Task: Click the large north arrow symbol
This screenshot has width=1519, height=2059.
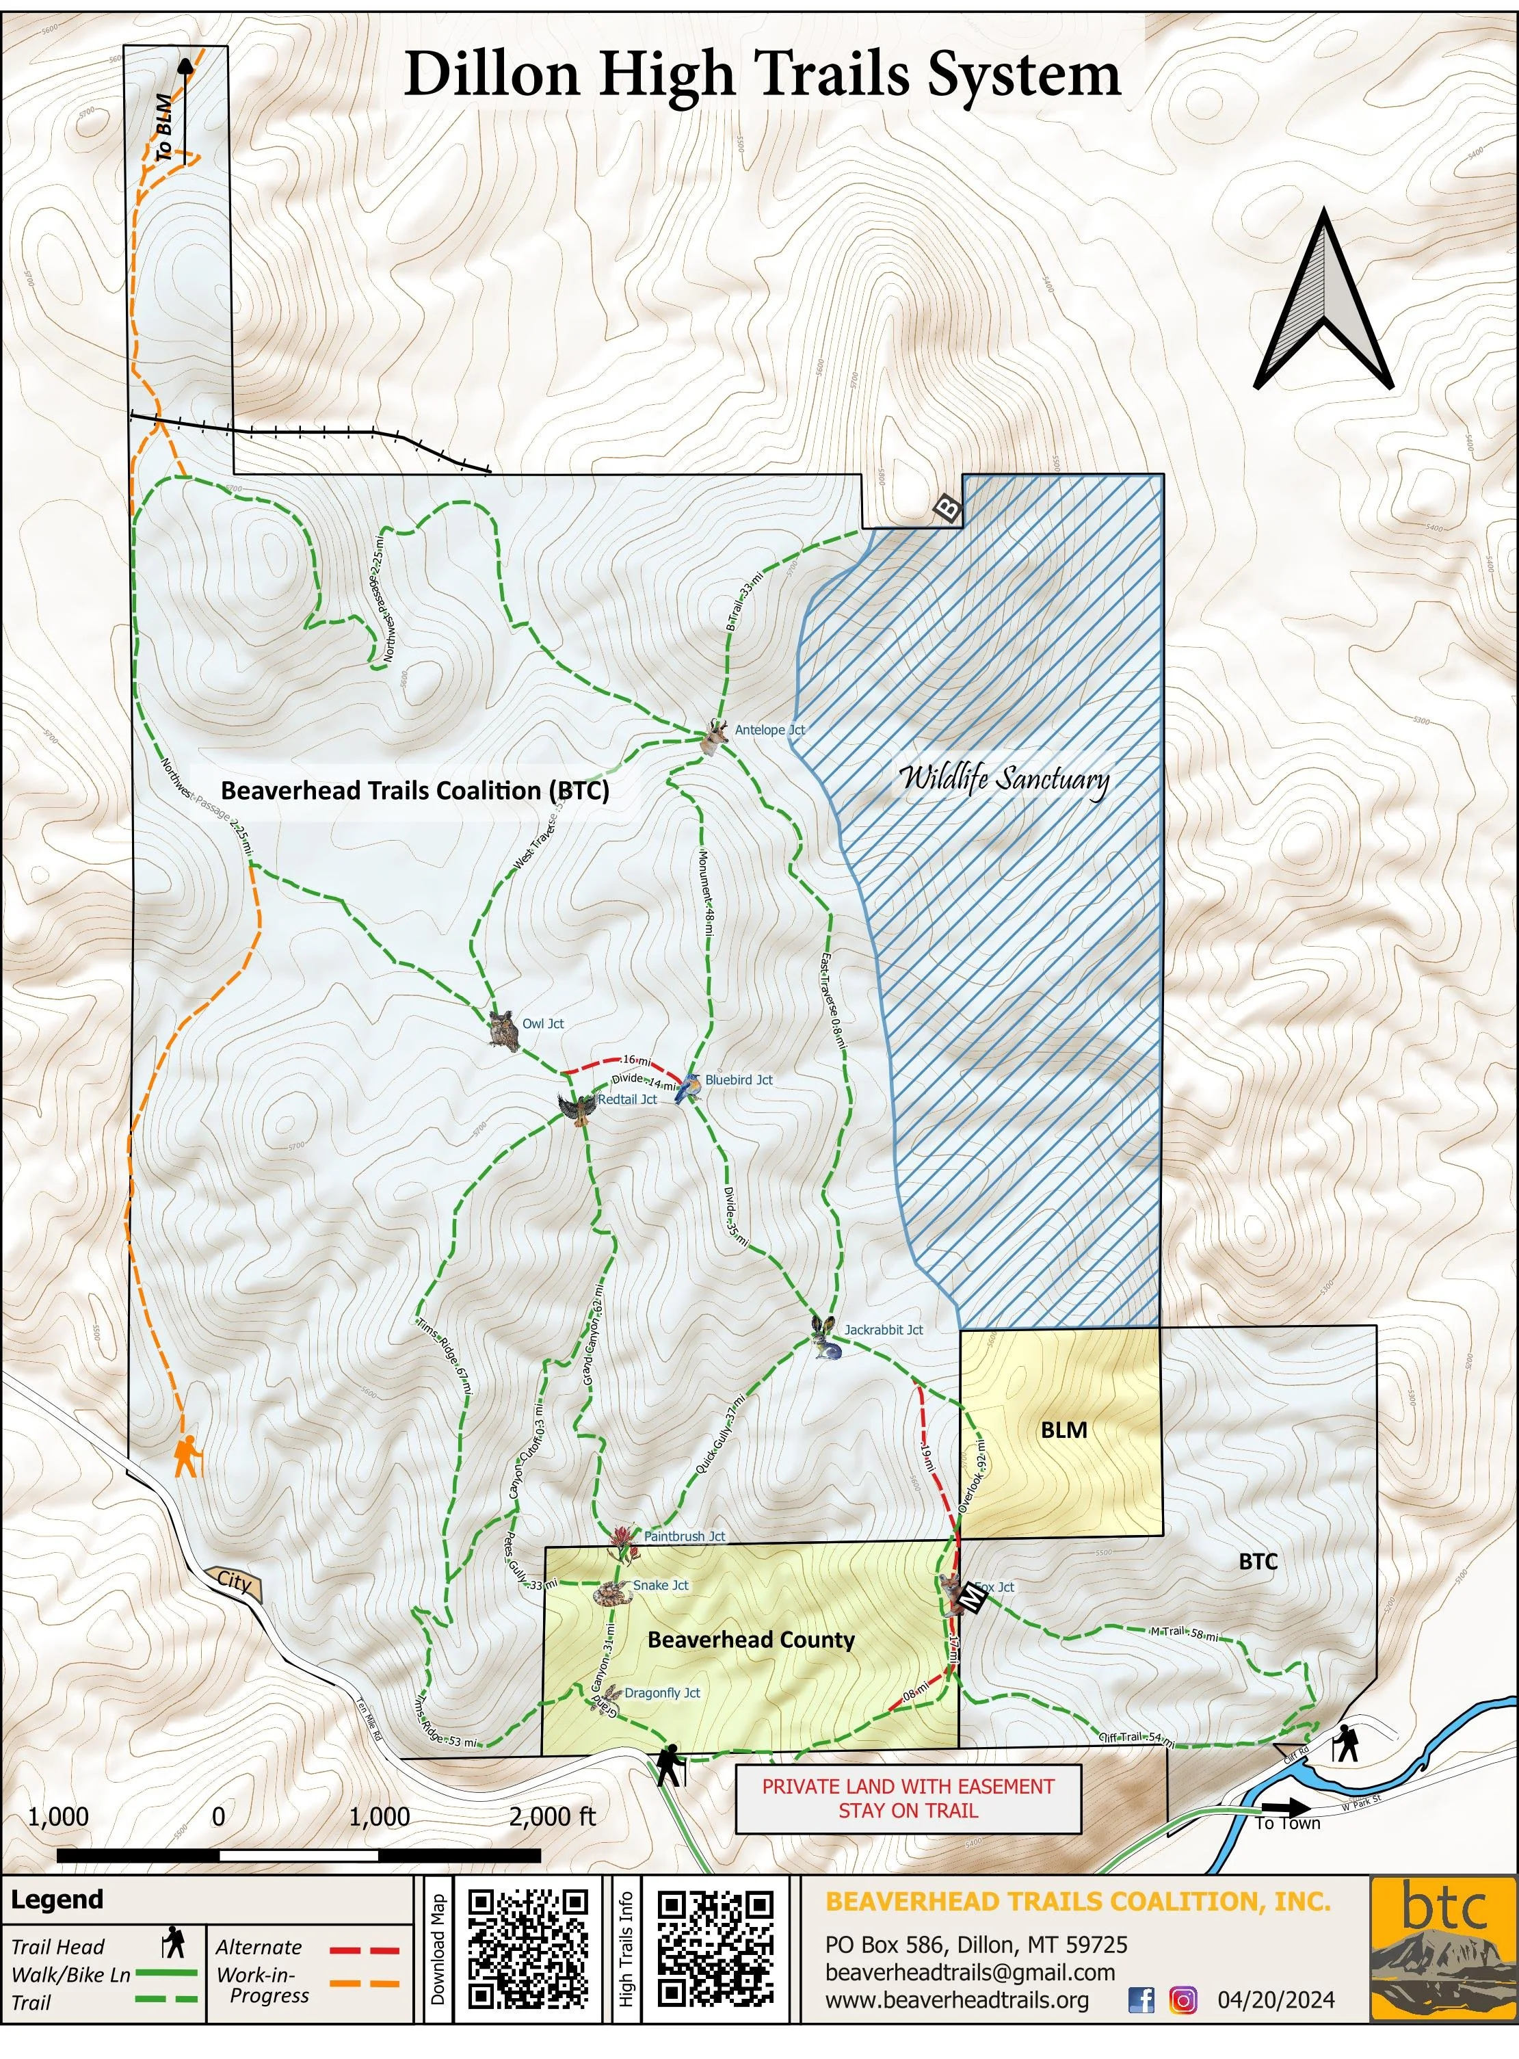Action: click(1323, 304)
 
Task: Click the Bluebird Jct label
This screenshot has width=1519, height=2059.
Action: click(739, 1079)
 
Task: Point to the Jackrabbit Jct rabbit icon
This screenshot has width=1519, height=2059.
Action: click(825, 1337)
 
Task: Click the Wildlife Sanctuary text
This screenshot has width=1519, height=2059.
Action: click(1003, 780)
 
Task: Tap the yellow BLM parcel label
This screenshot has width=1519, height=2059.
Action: click(1064, 1430)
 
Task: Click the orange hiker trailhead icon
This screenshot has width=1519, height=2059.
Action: click(187, 1455)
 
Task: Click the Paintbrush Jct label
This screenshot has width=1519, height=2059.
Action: click(684, 1536)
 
